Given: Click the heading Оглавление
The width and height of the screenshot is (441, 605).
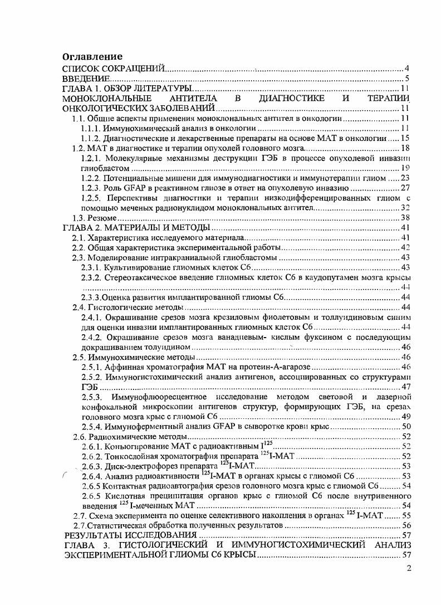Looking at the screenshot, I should pos(92,57).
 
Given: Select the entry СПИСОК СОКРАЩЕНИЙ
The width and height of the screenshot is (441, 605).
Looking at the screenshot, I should pos(114,68).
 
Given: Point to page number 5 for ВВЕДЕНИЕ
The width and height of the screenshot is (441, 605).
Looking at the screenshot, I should pos(408,79).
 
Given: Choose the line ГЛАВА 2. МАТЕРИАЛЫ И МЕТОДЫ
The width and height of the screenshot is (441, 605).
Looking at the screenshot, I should pos(136,228).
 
